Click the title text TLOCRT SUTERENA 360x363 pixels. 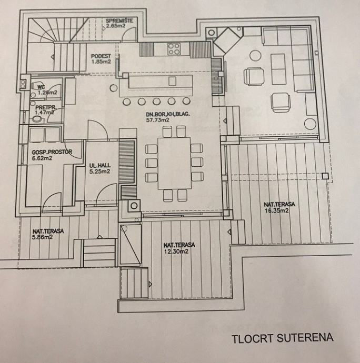tap(283, 338)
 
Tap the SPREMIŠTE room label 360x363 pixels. tap(119, 21)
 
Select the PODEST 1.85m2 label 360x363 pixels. tap(101, 59)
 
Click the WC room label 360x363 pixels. tap(42, 87)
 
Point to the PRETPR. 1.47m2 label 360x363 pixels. tap(45, 110)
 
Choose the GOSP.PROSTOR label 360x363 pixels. tap(52, 152)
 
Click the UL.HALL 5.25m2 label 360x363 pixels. tap(100, 168)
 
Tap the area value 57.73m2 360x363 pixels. tap(157, 120)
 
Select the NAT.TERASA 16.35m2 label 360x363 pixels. tap(279, 207)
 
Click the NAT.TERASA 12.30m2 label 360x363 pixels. tap(179, 248)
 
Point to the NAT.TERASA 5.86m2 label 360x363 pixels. tap(48, 234)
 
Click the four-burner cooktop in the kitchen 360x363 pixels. tap(174, 49)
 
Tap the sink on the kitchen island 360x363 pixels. tap(172, 81)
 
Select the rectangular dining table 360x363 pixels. tap(175, 163)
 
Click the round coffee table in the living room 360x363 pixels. tap(255, 56)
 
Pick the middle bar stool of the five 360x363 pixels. tap(157, 102)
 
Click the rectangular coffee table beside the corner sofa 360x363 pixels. tap(278, 69)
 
